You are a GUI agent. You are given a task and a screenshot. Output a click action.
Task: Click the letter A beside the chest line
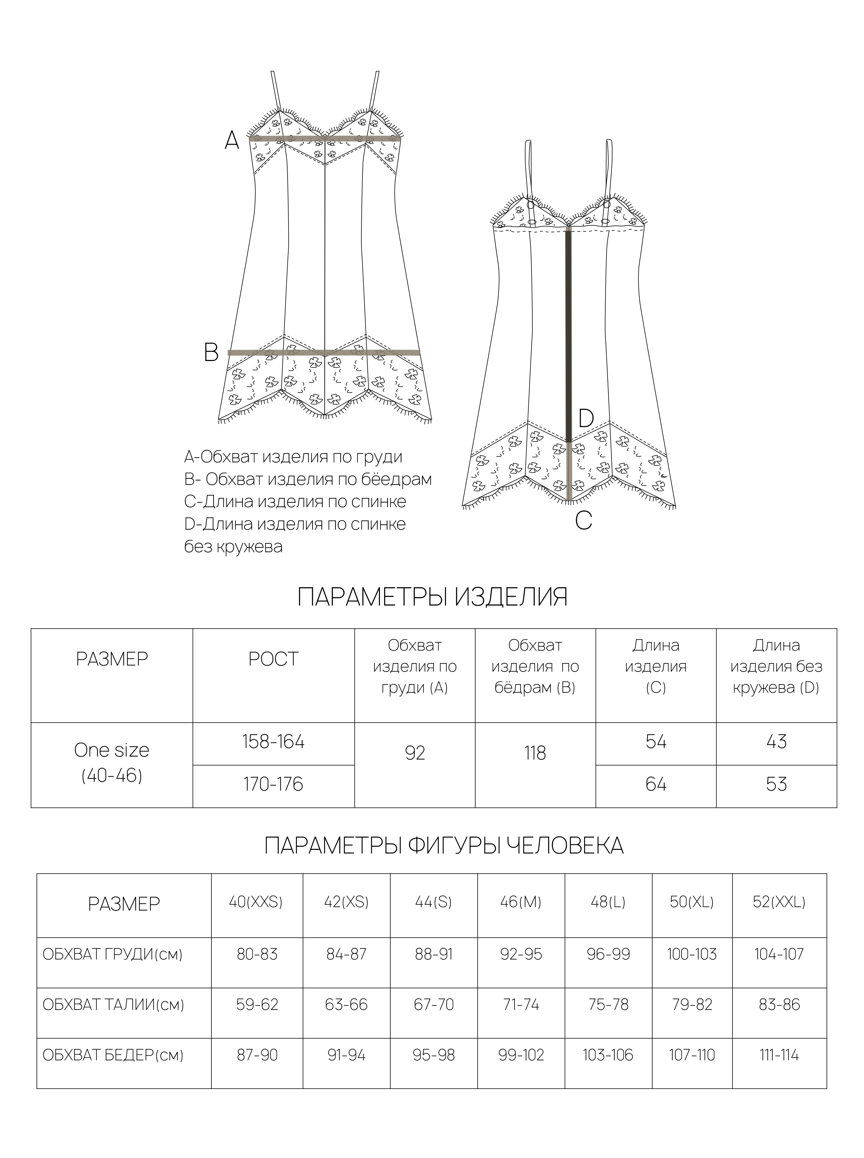coord(232,140)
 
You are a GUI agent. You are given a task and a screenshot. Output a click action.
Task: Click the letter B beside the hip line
coord(211,353)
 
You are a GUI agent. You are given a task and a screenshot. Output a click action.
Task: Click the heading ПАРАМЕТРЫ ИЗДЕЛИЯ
coord(432,597)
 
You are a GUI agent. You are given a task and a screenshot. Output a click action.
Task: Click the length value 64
coord(656,784)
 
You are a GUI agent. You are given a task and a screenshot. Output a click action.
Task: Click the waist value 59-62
coord(257,1005)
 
